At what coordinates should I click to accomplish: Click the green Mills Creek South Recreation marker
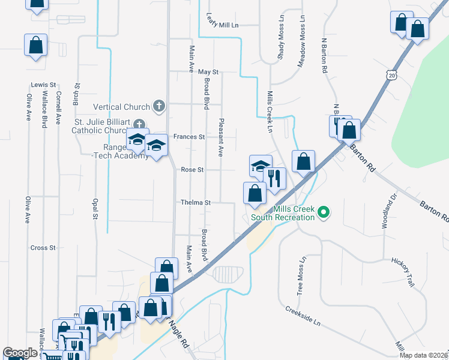(324, 212)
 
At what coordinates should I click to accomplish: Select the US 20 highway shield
(391, 75)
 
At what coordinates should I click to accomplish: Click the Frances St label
(190, 137)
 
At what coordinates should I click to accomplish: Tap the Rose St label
(192, 170)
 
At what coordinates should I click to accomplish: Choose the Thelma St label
(196, 203)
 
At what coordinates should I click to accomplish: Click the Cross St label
(43, 247)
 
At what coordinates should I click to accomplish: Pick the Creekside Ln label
(303, 316)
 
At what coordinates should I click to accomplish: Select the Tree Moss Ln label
(301, 276)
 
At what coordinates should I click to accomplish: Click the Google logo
(20, 353)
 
